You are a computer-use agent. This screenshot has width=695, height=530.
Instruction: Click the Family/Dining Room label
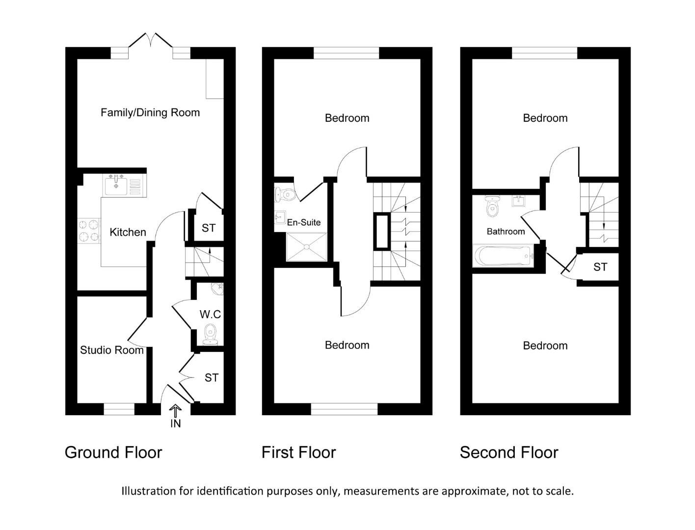150,112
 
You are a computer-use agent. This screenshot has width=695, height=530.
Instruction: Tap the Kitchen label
128,232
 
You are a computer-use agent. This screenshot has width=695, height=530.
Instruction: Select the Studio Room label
111,350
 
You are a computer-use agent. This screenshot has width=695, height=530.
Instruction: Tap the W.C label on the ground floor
210,314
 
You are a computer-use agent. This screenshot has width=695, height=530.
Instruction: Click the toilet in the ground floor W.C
211,334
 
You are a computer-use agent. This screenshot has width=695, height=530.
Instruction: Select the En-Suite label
304,222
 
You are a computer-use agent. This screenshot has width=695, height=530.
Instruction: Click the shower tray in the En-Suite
307,246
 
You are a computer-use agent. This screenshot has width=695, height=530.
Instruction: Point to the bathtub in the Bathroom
504,255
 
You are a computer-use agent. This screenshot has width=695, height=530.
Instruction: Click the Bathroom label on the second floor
506,231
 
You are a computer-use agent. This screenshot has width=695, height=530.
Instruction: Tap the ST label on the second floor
600,267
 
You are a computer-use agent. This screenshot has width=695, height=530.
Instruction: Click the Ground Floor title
113,452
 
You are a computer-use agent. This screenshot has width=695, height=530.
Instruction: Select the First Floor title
298,452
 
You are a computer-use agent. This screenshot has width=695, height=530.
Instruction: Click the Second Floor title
509,452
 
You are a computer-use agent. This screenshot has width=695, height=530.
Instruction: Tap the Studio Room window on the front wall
119,409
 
